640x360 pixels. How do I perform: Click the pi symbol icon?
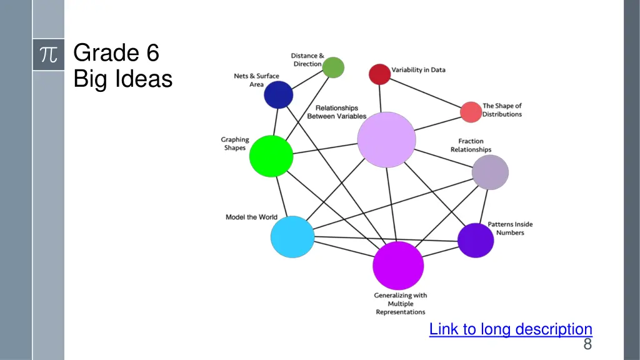(x=48, y=54)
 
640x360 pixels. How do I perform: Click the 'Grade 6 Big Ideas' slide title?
(x=122, y=66)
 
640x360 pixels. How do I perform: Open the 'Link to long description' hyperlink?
(x=510, y=329)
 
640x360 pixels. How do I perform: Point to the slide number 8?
(x=587, y=344)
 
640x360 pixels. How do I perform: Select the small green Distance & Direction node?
(x=334, y=67)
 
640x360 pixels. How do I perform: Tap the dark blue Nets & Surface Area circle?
(x=278, y=95)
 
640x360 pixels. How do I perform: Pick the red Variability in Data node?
(x=379, y=74)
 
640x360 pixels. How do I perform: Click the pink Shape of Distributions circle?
(x=471, y=112)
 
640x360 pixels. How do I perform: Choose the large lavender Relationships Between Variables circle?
(x=386, y=140)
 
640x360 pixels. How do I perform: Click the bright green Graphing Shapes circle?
(x=271, y=156)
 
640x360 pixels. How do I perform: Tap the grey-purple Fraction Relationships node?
(x=490, y=172)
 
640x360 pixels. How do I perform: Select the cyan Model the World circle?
(x=292, y=237)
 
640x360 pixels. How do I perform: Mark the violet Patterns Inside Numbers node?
(x=476, y=240)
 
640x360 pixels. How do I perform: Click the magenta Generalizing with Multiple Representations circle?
(x=398, y=266)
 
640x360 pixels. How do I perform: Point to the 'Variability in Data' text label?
(x=418, y=70)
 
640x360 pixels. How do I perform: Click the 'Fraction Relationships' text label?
(x=471, y=146)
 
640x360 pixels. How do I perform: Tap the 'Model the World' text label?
(x=251, y=217)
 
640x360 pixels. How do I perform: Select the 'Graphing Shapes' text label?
(x=235, y=144)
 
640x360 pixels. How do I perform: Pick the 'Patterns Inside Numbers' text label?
(x=510, y=228)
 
